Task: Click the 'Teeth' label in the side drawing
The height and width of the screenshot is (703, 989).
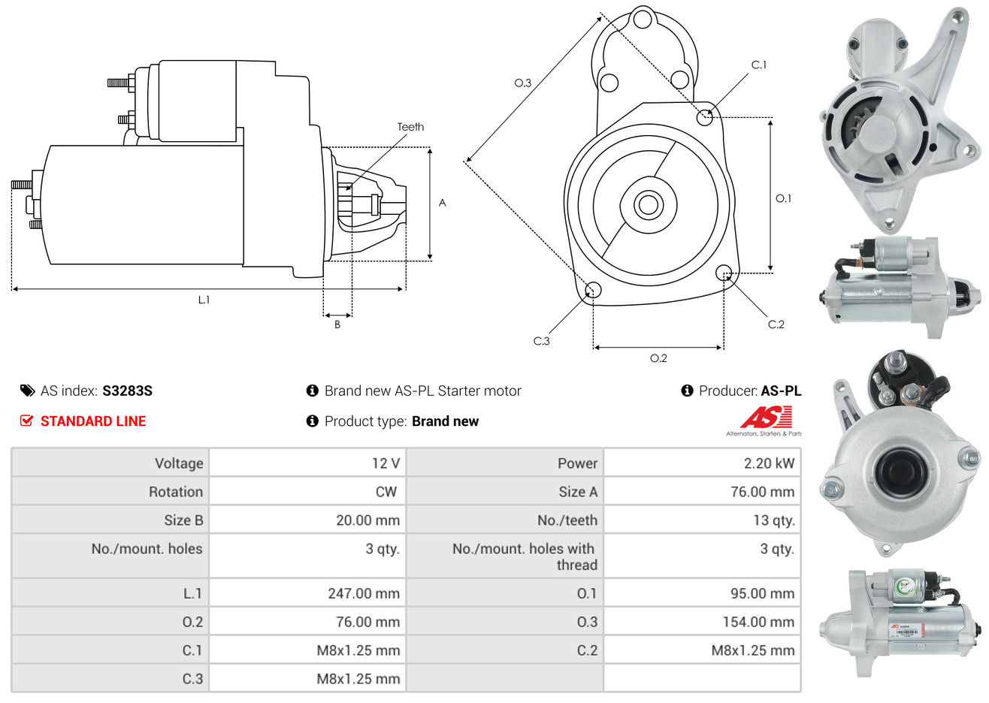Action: pos(410,127)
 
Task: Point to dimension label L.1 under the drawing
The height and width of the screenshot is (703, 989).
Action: pos(204,300)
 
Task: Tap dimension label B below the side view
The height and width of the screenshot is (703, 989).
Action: pos(337,324)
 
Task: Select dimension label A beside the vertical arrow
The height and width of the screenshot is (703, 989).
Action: pos(443,203)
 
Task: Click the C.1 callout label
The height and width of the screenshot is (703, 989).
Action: pos(759,65)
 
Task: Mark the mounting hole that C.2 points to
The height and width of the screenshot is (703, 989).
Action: pos(724,272)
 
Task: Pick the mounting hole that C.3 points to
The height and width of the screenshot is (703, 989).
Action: pos(593,291)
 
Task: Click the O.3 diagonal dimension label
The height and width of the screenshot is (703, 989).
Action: pos(522,83)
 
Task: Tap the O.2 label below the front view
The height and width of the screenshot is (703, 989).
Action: pos(658,358)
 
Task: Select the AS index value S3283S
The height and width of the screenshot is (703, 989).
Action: pos(127,391)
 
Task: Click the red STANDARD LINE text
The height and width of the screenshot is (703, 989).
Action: pos(93,421)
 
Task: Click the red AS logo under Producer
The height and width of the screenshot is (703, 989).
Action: pos(766,418)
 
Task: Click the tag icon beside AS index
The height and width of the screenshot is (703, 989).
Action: pos(27,391)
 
